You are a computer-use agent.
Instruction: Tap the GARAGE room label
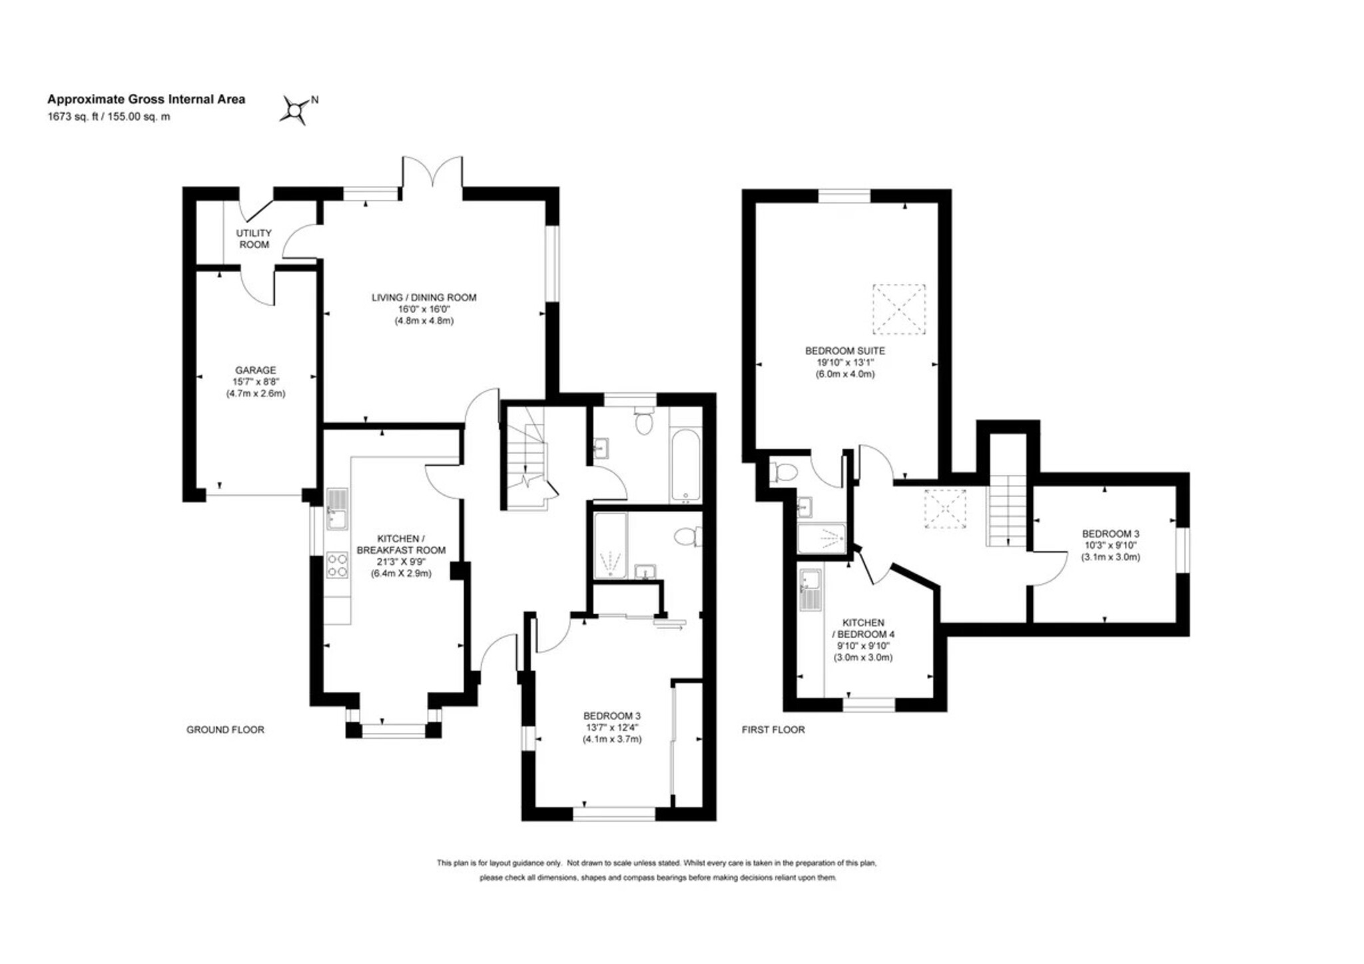click(x=255, y=370)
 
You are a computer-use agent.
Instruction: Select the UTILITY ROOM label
click(x=254, y=239)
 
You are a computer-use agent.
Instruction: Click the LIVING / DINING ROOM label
click(x=424, y=298)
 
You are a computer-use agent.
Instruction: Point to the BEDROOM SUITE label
click(x=845, y=350)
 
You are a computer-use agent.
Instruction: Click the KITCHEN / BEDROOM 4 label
click(x=863, y=628)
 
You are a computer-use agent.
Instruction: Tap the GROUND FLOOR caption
click(x=225, y=729)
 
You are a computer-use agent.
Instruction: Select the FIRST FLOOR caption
click(x=773, y=729)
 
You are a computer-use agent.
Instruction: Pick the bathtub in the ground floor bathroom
click(x=685, y=465)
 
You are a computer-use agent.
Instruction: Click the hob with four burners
click(x=337, y=565)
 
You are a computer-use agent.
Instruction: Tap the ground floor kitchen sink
click(x=337, y=509)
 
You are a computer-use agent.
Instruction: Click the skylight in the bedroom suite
click(x=899, y=309)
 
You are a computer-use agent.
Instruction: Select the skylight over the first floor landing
click(x=945, y=509)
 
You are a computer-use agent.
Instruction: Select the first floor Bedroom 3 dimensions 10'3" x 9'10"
click(x=1110, y=545)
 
